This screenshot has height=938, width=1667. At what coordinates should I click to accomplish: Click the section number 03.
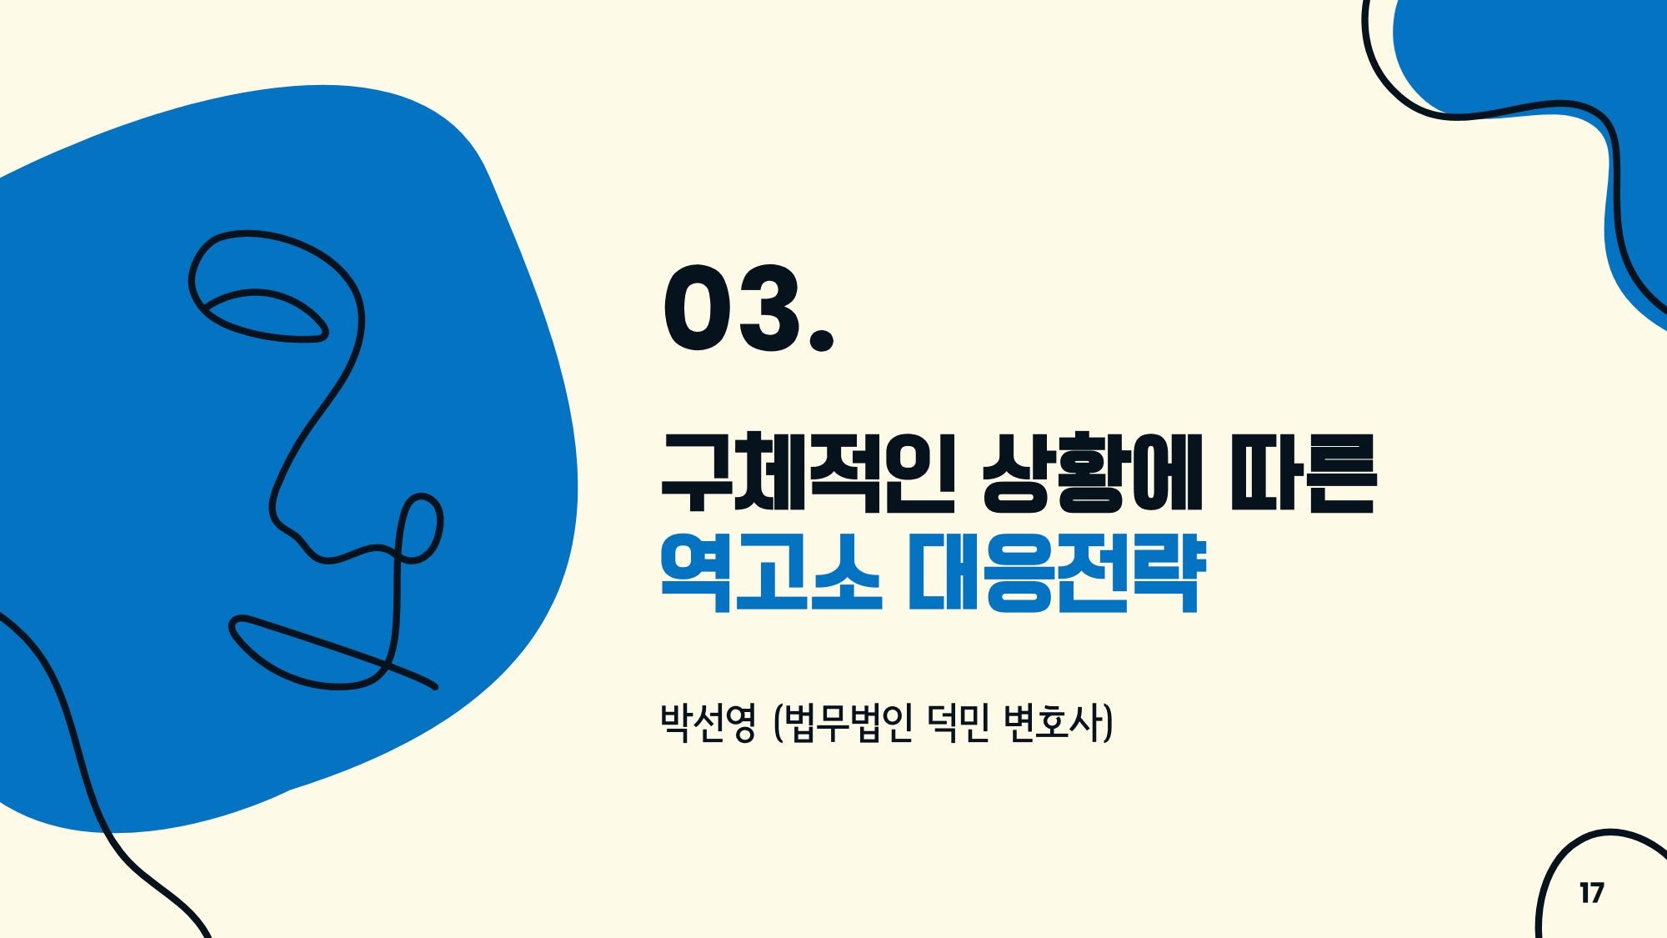[x=748, y=308]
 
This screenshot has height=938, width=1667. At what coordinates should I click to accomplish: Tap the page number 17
[x=1591, y=894]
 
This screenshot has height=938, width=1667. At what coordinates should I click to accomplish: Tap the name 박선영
[x=708, y=724]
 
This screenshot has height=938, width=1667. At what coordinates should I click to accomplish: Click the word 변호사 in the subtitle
[x=1053, y=724]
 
